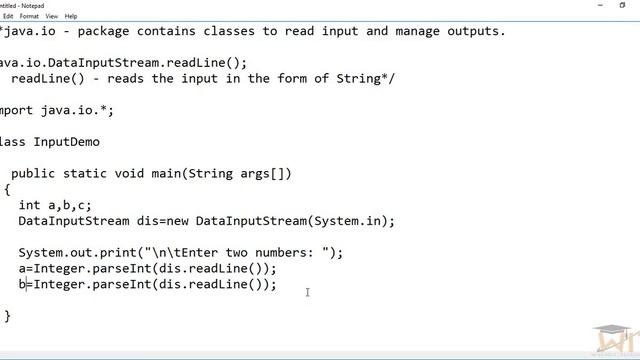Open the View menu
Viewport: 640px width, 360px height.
point(50,16)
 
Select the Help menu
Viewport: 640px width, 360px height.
point(71,16)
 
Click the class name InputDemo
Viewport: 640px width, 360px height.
point(66,142)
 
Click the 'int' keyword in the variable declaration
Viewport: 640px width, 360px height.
point(30,205)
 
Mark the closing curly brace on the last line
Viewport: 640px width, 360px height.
point(7,316)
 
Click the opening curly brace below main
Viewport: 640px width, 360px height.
point(7,189)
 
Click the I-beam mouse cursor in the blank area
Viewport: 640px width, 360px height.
point(307,292)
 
